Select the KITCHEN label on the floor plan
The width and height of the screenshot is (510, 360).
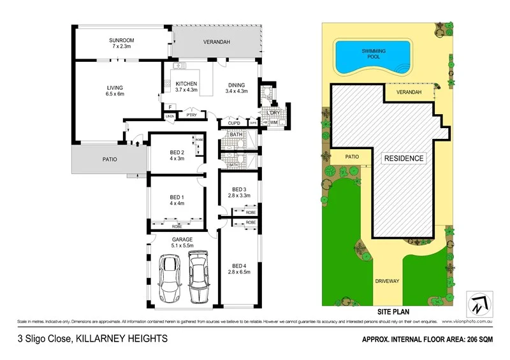pos(186,83)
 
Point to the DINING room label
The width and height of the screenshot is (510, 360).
pos(240,83)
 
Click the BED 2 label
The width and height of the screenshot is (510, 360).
pos(177,152)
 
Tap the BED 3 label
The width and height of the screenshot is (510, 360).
pos(239,189)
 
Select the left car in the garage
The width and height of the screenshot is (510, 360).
pos(170,279)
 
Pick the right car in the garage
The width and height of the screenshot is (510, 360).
pos(200,277)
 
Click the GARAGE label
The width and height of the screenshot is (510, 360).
pos(182,238)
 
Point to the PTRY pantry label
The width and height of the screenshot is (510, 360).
pos(191,115)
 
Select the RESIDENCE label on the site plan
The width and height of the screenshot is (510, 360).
pos(404,158)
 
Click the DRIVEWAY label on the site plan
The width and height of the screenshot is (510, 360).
pos(388,279)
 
